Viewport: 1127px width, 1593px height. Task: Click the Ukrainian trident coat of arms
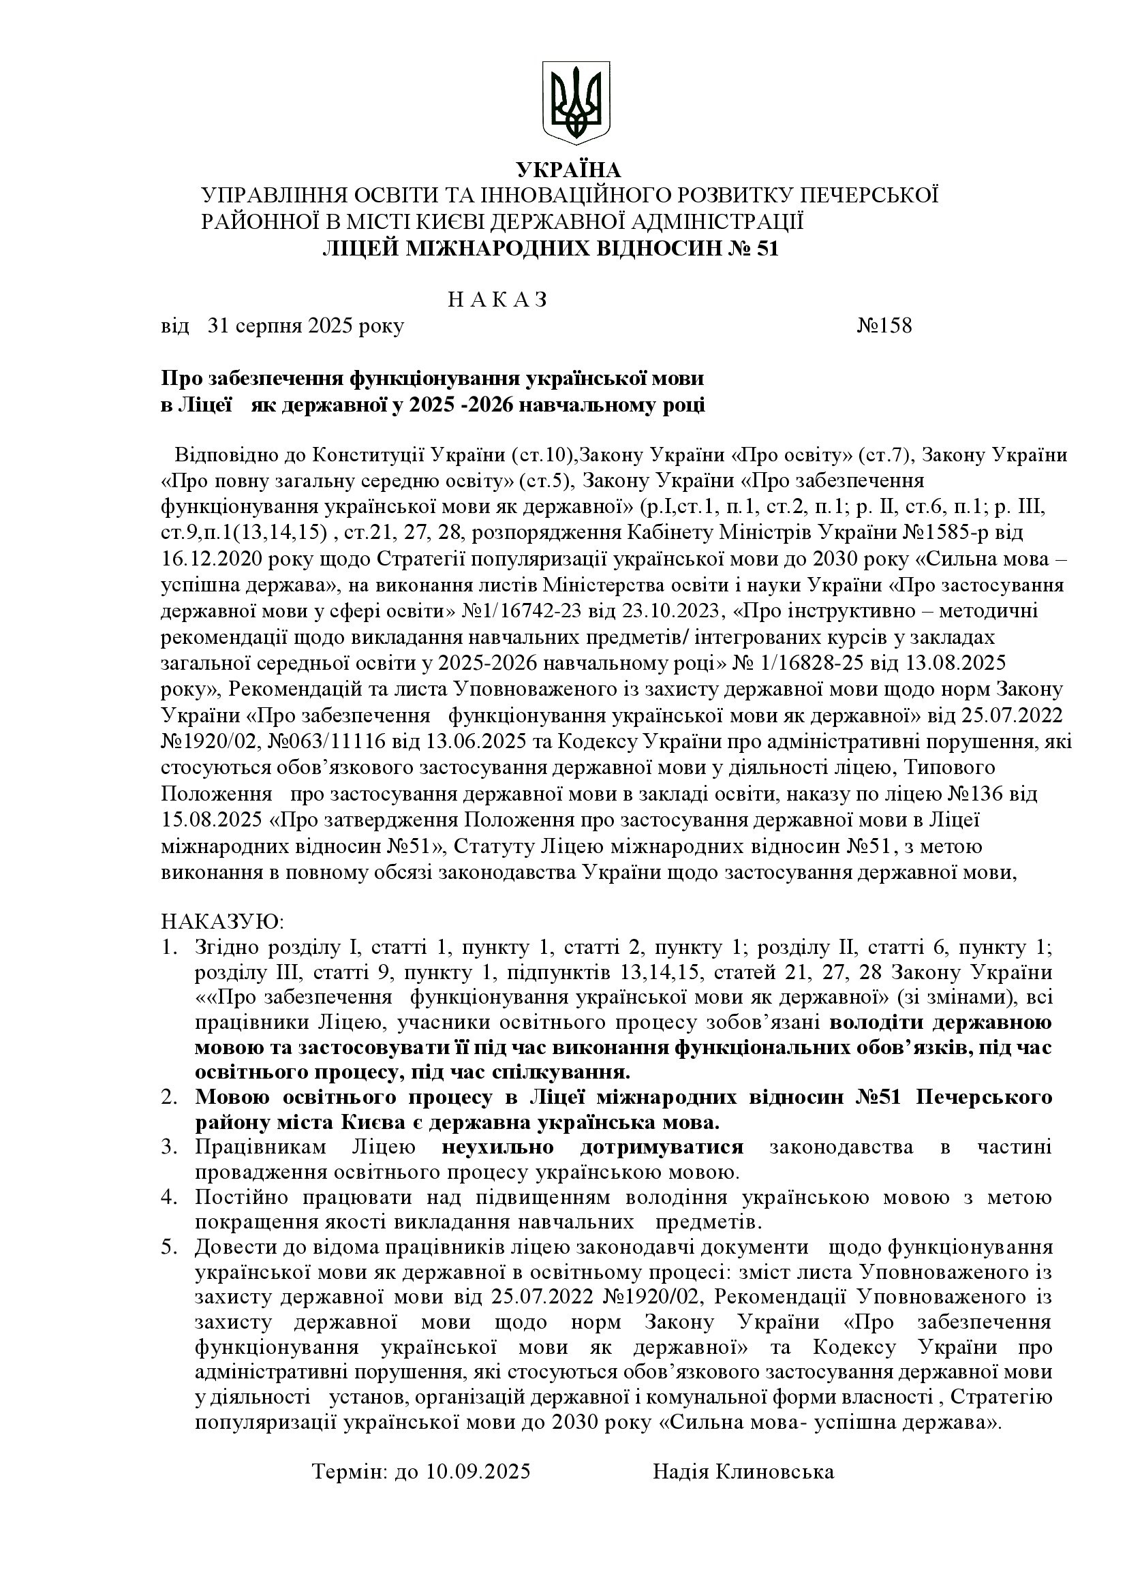[x=574, y=102]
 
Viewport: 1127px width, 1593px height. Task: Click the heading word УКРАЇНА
[x=568, y=170]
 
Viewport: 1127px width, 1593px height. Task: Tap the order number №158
[x=884, y=326]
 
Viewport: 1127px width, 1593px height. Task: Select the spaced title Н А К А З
[x=497, y=300]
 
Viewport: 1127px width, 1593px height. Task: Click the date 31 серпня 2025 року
[x=305, y=326]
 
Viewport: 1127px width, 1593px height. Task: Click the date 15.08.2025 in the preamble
[x=213, y=820]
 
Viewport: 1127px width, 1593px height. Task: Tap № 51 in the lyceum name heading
[x=751, y=249]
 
